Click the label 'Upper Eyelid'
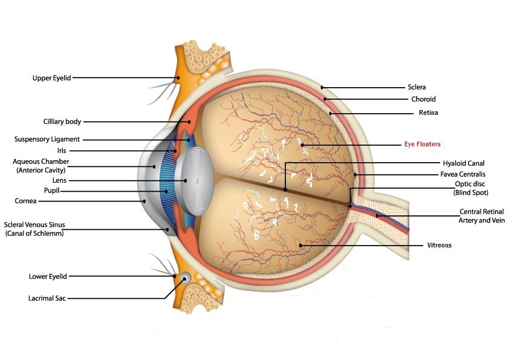53,77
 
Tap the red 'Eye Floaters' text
422,144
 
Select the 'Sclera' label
417,87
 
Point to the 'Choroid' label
423,99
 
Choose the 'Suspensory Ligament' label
47,139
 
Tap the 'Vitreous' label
439,245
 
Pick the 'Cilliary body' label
62,122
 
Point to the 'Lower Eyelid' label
48,277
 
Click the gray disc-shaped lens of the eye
193,180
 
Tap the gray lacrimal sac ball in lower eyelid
185,277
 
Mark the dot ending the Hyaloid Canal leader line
285,190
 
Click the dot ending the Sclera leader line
323,87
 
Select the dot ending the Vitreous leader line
300,245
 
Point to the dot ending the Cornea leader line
144,200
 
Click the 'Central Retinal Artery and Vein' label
481,216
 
